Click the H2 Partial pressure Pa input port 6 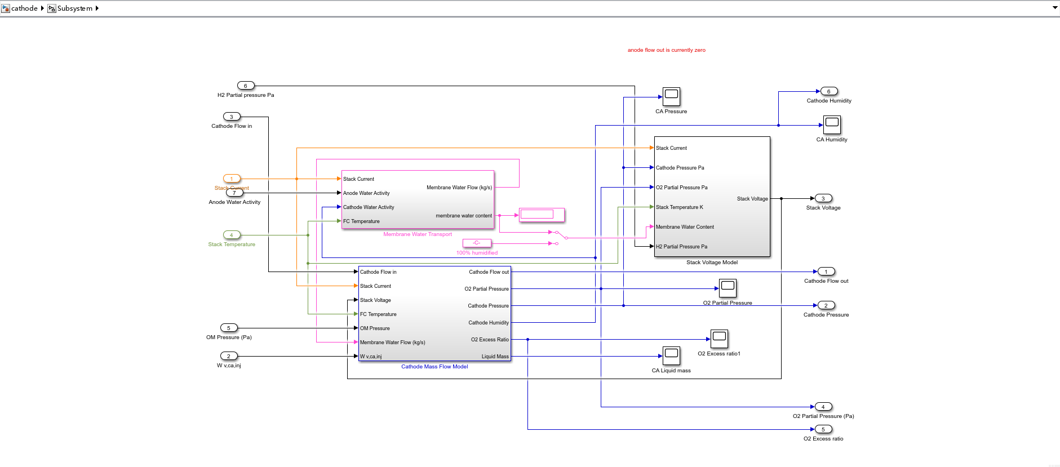point(246,86)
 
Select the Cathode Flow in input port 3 point(232,117)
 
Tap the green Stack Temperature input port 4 point(232,235)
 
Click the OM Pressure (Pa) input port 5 point(229,328)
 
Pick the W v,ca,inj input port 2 point(229,356)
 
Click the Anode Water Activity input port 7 point(234,193)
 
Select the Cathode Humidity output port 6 point(829,91)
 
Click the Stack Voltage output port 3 point(823,198)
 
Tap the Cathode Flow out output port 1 point(826,272)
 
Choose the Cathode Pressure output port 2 point(826,305)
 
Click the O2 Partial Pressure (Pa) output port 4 point(823,407)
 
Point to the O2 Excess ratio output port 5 point(823,429)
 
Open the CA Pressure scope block point(671,97)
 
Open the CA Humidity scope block point(832,125)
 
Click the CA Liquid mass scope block point(671,356)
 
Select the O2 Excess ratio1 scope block point(719,339)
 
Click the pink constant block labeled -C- point(477,243)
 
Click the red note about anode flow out point(667,50)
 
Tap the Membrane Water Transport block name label point(418,234)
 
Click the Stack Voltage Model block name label point(712,263)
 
